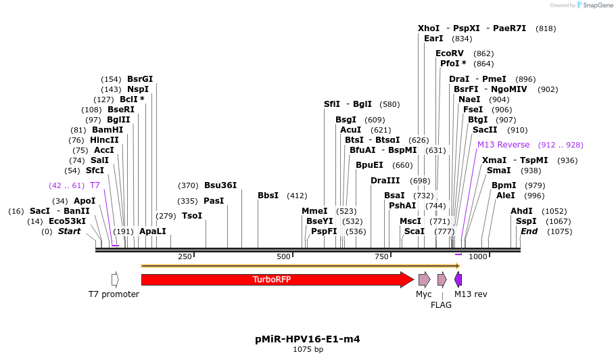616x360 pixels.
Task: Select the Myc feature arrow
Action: (x=424, y=279)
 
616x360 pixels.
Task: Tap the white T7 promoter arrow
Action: (x=115, y=279)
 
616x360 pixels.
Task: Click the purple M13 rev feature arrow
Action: (x=458, y=279)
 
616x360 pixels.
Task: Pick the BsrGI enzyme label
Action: (x=140, y=79)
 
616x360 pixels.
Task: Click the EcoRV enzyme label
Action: (x=450, y=53)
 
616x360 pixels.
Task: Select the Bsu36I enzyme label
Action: (x=220, y=185)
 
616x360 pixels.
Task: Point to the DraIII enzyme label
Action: (x=385, y=181)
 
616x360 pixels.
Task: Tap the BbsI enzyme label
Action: (x=268, y=196)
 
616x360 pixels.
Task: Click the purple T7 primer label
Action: (x=95, y=185)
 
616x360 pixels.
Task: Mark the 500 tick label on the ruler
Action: (x=283, y=257)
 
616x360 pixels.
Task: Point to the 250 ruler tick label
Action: (x=185, y=257)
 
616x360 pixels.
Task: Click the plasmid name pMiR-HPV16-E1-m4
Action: (x=308, y=339)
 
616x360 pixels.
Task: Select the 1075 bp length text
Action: (x=308, y=350)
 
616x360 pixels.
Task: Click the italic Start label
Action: (x=69, y=231)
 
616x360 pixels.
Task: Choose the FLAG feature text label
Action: (x=441, y=305)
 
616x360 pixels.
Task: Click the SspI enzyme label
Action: (x=526, y=221)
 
